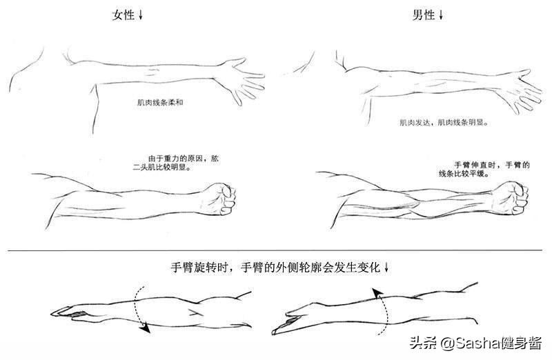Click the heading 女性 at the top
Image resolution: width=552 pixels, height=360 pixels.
[124, 14]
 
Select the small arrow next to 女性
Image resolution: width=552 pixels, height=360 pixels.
[141, 15]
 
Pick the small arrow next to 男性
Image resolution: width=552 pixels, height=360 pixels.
[442, 15]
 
